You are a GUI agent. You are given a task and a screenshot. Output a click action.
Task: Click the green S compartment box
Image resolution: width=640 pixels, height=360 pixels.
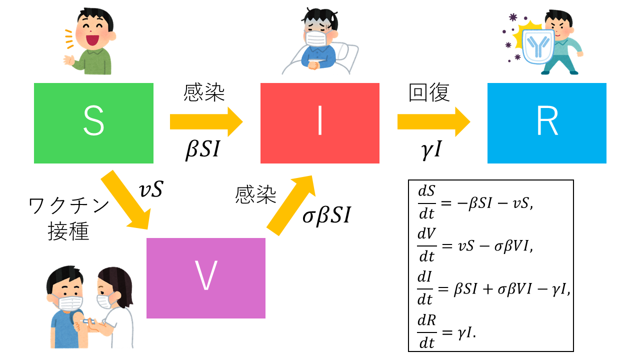tap(93, 123)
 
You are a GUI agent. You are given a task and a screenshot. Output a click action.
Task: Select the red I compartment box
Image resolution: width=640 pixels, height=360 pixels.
tap(320, 123)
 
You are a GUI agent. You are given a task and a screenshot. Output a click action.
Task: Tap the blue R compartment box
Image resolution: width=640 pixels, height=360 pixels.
tap(546, 123)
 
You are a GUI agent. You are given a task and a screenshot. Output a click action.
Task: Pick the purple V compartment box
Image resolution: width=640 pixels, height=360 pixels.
tap(205, 278)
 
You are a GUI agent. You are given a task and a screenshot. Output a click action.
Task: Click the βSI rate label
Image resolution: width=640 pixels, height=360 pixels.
tap(202, 149)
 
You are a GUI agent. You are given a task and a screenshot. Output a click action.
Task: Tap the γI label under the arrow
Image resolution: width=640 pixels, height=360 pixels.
tap(430, 149)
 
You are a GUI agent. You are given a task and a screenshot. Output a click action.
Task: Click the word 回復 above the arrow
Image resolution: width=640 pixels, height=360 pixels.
tap(429, 93)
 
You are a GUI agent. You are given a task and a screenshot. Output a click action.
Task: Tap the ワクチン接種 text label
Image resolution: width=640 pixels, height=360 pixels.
tap(69, 219)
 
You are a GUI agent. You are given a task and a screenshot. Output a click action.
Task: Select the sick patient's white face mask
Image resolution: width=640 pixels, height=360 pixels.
tap(316, 38)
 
